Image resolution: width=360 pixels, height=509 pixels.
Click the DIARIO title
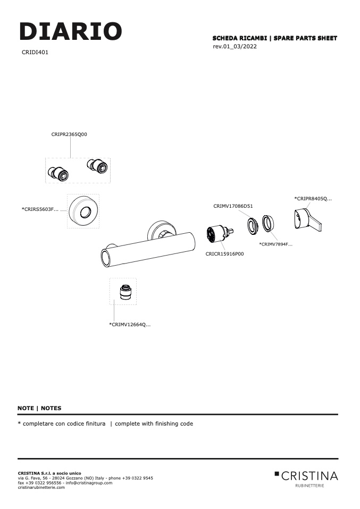click(71, 31)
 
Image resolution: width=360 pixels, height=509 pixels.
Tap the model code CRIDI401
click(35, 52)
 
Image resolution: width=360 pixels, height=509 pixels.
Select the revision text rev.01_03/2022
click(235, 46)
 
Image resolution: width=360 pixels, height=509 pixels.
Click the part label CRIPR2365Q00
click(69, 134)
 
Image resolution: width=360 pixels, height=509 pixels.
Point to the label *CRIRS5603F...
click(40, 209)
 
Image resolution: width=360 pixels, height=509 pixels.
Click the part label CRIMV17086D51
click(233, 206)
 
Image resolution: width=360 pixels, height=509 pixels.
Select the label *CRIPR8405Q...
click(313, 199)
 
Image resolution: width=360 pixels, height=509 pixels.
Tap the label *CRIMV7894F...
click(275, 244)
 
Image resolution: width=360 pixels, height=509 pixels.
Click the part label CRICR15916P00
click(224, 254)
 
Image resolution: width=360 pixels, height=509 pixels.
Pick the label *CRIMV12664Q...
click(130, 325)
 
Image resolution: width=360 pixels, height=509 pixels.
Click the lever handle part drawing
click(307, 220)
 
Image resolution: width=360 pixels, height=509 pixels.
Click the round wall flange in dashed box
click(83, 211)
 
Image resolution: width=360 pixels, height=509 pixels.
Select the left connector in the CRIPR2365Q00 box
click(58, 173)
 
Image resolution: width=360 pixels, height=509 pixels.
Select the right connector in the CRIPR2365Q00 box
click(98, 166)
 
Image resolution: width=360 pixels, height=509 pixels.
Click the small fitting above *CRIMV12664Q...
click(124, 292)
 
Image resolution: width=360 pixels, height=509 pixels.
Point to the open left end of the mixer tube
click(106, 258)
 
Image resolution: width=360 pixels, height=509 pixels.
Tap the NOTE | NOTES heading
click(40, 409)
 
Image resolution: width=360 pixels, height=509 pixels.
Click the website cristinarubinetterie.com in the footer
click(41, 488)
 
